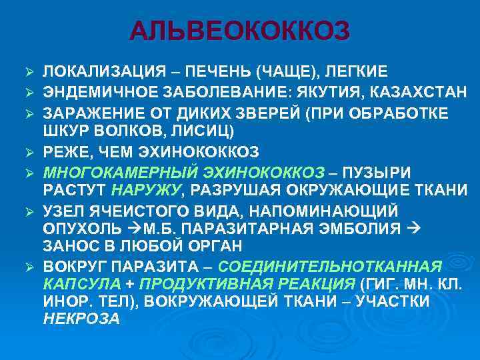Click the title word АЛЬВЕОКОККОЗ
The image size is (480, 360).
click(239, 31)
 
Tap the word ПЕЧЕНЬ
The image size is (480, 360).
click(220, 71)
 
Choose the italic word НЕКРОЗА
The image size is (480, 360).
click(81, 319)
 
